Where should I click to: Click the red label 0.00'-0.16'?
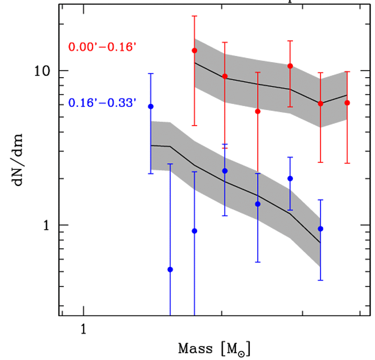tap(102, 48)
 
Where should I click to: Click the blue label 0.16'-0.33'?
tap(102, 103)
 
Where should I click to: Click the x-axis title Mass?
tap(196, 349)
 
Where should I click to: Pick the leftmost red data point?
tap(195, 51)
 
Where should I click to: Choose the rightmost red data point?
tap(347, 103)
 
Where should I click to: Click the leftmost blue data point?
tap(151, 106)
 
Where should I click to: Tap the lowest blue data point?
tap(171, 269)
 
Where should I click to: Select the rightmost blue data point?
tap(321, 229)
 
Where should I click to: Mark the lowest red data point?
tap(258, 111)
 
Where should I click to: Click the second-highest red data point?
tap(290, 66)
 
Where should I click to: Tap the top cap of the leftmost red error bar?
tap(195, 16)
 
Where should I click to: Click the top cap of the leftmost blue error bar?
tap(151, 73)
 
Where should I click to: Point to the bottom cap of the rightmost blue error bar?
tap(321, 280)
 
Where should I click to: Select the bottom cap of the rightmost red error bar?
tap(347, 163)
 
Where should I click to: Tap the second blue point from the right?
tap(290, 178)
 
